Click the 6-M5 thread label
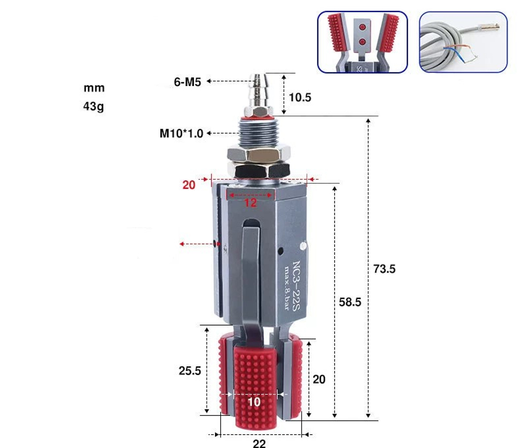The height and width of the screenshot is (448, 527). [x=188, y=82]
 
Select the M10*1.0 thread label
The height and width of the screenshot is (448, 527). [x=181, y=134]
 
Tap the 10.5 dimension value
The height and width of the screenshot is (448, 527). [x=300, y=97]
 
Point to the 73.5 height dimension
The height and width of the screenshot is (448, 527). [x=384, y=269]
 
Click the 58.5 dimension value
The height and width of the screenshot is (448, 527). [x=350, y=302]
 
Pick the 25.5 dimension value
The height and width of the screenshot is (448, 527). [x=190, y=370]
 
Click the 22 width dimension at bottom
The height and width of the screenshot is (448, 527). [x=259, y=444]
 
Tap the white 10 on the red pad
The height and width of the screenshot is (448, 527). [x=254, y=402]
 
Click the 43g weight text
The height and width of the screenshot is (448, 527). [x=94, y=106]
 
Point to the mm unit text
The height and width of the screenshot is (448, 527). [x=94, y=88]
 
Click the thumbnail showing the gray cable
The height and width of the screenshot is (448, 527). [x=463, y=42]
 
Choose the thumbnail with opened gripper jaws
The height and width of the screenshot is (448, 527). [x=362, y=42]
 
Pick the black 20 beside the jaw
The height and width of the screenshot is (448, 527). [x=319, y=379]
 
